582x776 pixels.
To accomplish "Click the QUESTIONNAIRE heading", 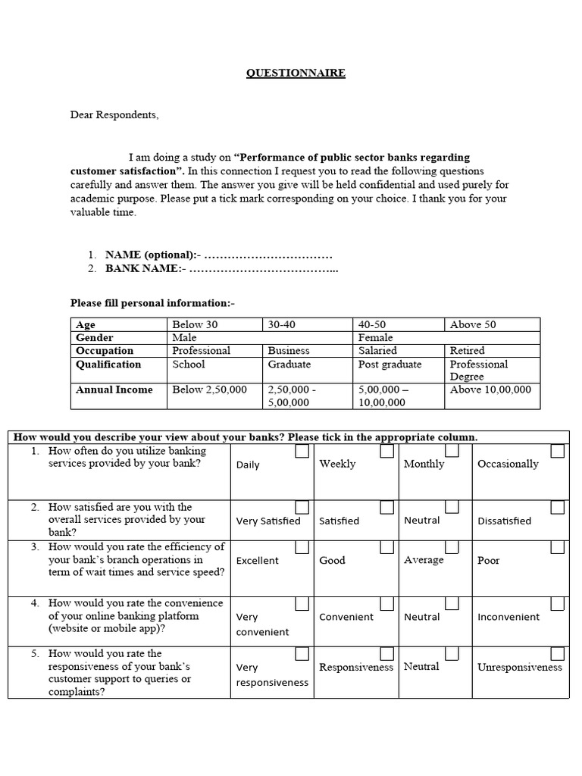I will (296, 74).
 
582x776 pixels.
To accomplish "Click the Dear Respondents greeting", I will (115, 115).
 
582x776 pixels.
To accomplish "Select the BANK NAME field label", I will (145, 268).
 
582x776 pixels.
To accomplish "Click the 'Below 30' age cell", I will (195, 324).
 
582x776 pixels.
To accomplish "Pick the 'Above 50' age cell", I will (473, 324).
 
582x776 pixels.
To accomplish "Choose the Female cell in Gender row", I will (376, 337).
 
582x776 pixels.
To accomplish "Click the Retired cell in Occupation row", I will (467, 351).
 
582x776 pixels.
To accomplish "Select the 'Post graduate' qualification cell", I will (390, 365).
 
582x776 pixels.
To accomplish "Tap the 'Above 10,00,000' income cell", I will (490, 390).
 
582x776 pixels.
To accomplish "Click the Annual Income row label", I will (114, 390).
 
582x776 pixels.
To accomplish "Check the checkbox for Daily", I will (302, 452).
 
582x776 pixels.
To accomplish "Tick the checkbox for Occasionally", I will (557, 452).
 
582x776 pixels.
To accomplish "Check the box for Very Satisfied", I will (302, 507).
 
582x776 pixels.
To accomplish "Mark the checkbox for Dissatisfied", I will (557, 507).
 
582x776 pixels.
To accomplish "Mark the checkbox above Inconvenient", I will (557, 603).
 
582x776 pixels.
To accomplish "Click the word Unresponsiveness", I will (520, 668).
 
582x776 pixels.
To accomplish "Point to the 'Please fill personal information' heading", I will (152, 303).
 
